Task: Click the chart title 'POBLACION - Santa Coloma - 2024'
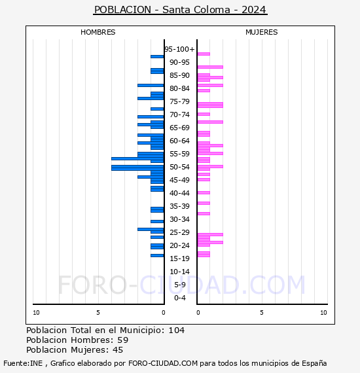pos(180,10)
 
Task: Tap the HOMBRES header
pos(98,32)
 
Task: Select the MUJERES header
pos(261,32)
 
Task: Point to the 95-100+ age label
pos(179,49)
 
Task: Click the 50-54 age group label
pos(179,167)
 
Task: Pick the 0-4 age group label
pos(179,298)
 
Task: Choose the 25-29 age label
pos(179,232)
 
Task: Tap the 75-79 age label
pos(179,101)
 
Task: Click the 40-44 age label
pos(179,193)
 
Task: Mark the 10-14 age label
pos(179,272)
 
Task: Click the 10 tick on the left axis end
pos(36,313)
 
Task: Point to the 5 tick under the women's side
pos(261,313)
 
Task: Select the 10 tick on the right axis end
pos(323,313)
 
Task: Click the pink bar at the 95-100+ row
pos(204,54)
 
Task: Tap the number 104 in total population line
pos(177,330)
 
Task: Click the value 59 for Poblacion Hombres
pos(122,340)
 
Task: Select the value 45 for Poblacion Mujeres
pos(118,350)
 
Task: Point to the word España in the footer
pos(313,363)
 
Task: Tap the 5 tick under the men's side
pos(98,313)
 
